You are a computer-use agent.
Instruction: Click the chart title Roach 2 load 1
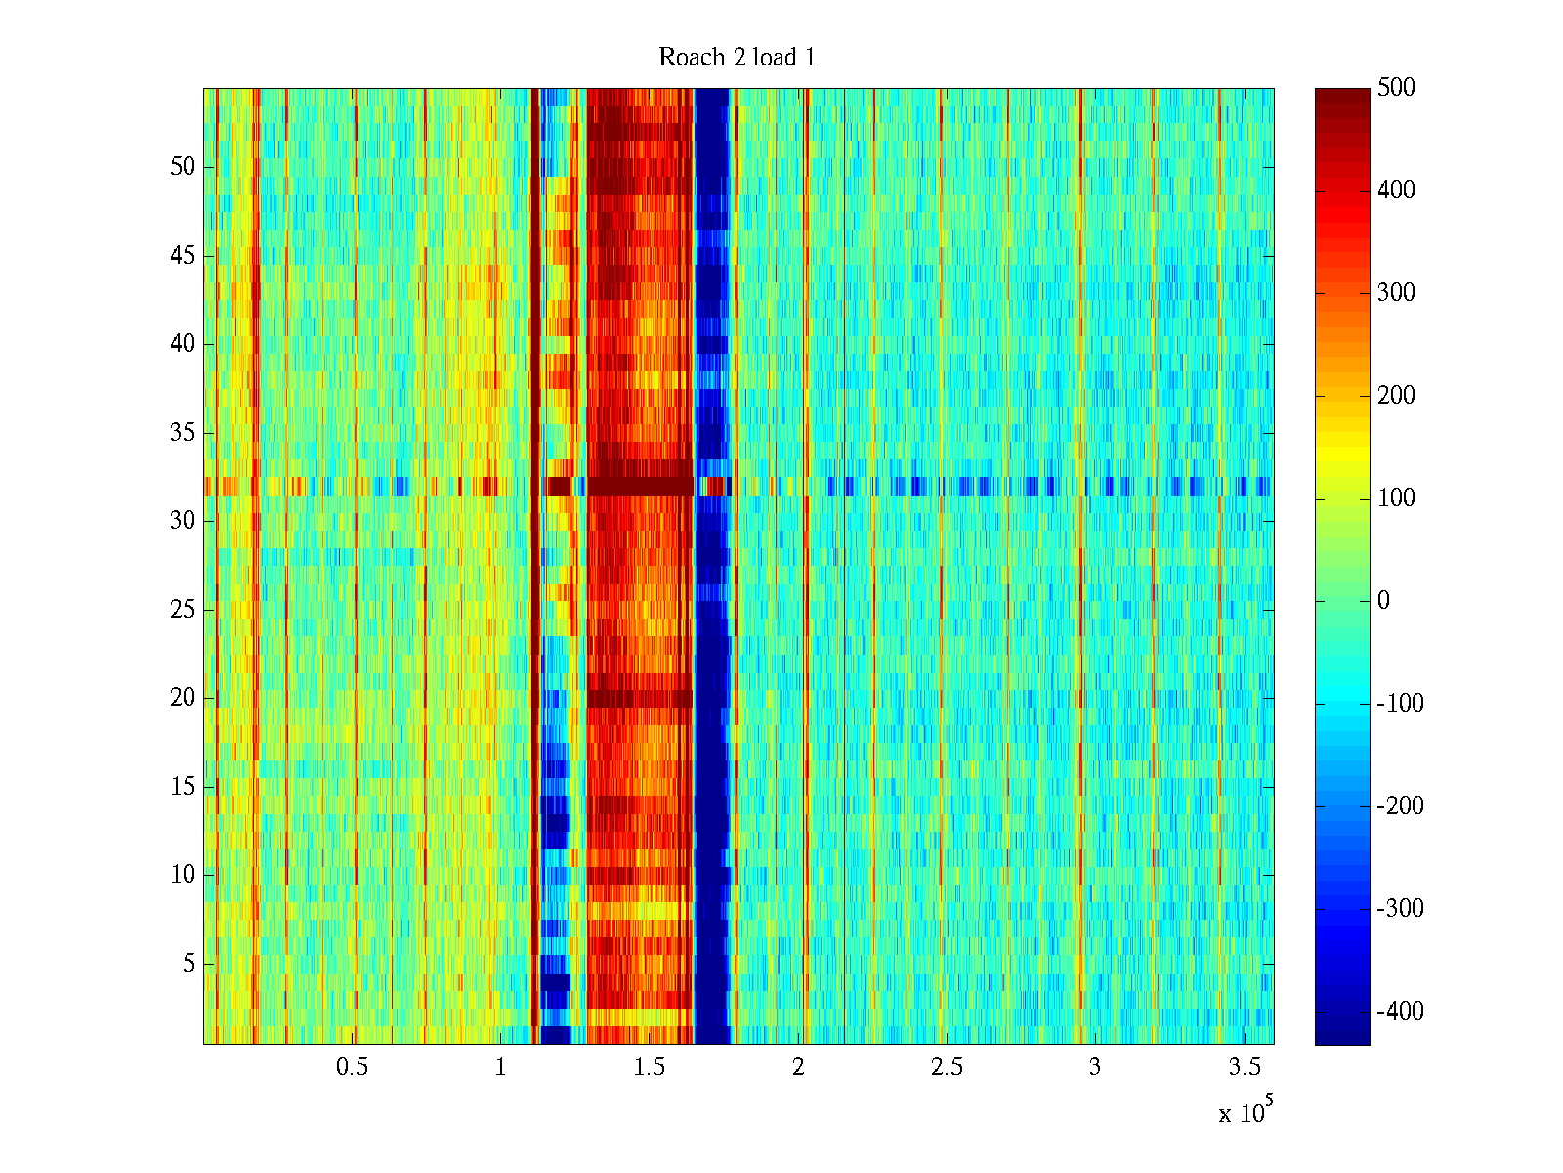pos(737,58)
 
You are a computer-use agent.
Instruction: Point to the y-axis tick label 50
pos(183,167)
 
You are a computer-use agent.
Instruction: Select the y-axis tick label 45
pos(183,256)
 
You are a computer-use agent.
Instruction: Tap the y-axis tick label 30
pos(183,521)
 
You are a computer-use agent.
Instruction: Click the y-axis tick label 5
pos(189,964)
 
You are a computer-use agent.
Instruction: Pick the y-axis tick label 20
pos(183,698)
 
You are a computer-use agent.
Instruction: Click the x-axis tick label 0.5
pos(352,1067)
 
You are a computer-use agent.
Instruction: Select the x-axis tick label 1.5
pos(650,1067)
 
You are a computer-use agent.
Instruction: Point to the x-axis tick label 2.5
pos(947,1067)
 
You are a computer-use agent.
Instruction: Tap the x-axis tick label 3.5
pos(1245,1067)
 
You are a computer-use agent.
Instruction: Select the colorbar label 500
pos(1396,88)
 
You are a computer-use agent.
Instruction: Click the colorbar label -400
pos(1399,1012)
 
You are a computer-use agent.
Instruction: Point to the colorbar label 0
pos(1383,601)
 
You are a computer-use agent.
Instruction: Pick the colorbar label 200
pos(1396,396)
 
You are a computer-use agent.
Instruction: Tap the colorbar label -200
pos(1399,806)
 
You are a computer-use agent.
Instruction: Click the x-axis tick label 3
pos(1095,1067)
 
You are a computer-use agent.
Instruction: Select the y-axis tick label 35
pos(183,433)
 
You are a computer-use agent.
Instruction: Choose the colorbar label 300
pos(1396,293)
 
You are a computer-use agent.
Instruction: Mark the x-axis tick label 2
pos(798,1067)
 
